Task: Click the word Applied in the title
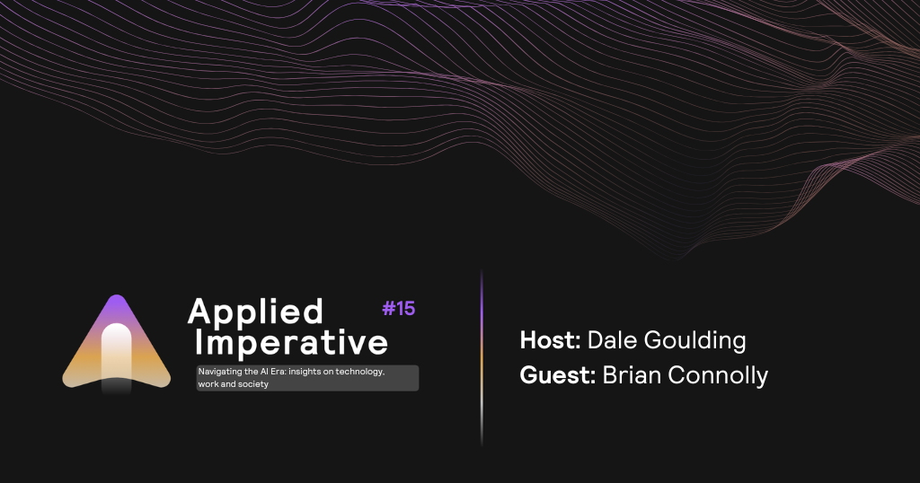click(255, 312)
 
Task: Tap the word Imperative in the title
click(291, 342)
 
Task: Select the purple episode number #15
click(398, 308)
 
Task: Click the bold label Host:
click(551, 340)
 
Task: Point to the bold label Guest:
click(558, 375)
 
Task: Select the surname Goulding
click(694, 341)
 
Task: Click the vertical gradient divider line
click(482, 357)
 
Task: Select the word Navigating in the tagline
click(220, 372)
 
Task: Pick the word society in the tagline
click(252, 384)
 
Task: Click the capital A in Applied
click(199, 311)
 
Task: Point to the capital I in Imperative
click(199, 342)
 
